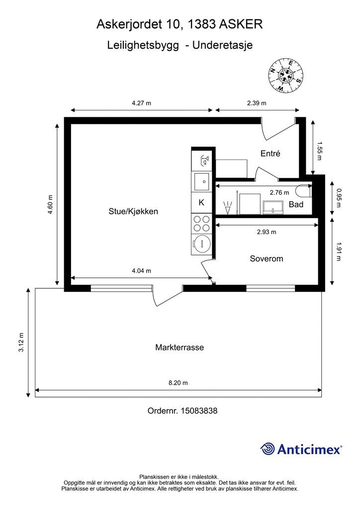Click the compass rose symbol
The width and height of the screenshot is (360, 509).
pos(285,75)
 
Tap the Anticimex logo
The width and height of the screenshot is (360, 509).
pos(301,449)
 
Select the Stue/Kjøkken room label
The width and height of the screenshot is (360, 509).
pos(133,211)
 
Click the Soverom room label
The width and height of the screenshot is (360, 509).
pos(267,258)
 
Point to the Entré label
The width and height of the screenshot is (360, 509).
pos(270,153)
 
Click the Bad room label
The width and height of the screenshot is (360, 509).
pos(296,204)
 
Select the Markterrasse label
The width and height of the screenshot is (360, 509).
pos(180,347)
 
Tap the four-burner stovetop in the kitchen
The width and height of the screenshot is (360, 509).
pos(201,223)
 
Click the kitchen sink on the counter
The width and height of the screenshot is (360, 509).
pos(201,181)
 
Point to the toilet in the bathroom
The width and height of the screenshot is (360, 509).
pos(304,190)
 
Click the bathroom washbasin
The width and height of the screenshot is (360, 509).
pos(273,207)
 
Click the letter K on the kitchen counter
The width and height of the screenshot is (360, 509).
pos(201,203)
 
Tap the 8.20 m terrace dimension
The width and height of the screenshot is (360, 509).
pos(178,383)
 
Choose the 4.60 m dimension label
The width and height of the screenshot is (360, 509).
pos(50,204)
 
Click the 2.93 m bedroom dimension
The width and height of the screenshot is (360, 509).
pos(267,232)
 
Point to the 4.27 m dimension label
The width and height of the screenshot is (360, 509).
pos(142,103)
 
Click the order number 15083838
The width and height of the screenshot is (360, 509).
pos(199,411)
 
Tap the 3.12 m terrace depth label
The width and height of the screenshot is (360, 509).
pos(21,342)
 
